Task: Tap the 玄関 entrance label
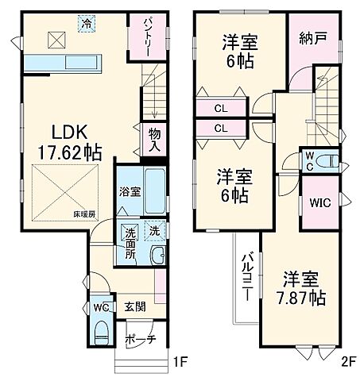point(133,306)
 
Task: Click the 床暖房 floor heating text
point(84,214)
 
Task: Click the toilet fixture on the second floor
point(333,161)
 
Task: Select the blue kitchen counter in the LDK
point(60,64)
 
